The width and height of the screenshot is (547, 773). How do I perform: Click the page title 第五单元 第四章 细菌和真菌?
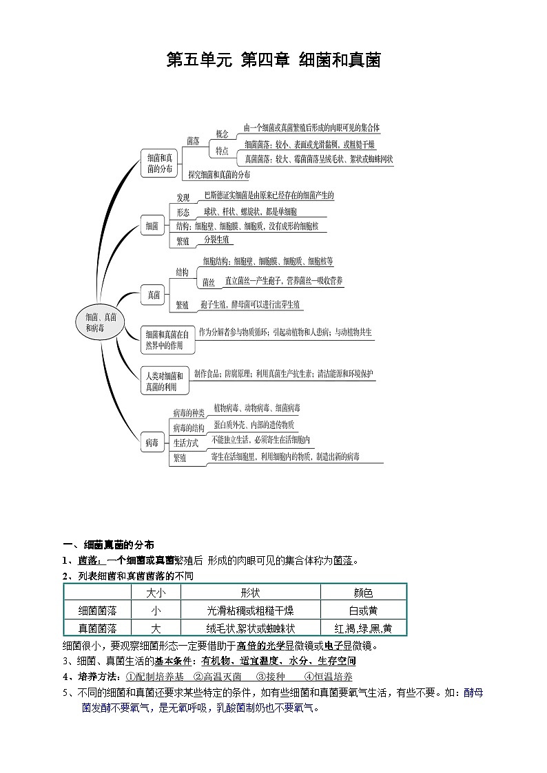(273, 60)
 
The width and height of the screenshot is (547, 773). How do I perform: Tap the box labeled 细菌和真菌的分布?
(160, 163)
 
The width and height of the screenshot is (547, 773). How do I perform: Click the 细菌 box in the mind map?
(152, 225)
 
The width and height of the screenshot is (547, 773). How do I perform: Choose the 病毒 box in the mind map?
(152, 443)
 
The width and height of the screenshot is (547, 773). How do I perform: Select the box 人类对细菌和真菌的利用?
(164, 381)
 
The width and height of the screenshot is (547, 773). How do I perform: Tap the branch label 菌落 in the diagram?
(193, 140)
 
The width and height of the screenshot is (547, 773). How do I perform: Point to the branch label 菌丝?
(209, 282)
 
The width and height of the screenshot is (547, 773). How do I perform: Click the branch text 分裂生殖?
(218, 240)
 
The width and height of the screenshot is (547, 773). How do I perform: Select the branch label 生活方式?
(187, 443)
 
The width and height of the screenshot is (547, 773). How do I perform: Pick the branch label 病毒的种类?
(188, 412)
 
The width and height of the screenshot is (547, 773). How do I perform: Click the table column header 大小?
(156, 593)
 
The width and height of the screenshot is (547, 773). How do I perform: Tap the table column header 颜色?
(363, 593)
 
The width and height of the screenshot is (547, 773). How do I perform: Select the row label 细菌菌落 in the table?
(97, 611)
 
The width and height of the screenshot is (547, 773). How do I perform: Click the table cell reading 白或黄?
(363, 611)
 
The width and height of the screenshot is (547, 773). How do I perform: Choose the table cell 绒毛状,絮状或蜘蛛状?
(251, 628)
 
